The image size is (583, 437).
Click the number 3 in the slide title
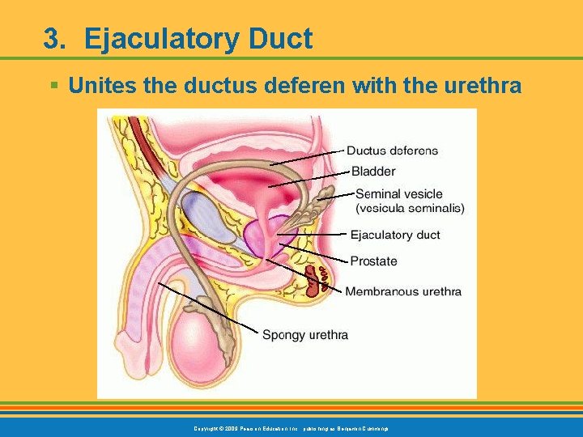(52, 39)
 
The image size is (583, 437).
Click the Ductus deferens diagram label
(392, 151)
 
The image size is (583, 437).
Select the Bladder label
(373, 172)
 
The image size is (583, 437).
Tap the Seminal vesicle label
(399, 194)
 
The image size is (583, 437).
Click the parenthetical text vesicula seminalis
(411, 208)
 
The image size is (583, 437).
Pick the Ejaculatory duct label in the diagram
(395, 235)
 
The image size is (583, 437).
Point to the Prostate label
(373, 261)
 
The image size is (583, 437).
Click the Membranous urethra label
(403, 291)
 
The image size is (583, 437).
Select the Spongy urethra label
(305, 335)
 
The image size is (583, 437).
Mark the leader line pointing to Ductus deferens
(308, 157)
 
